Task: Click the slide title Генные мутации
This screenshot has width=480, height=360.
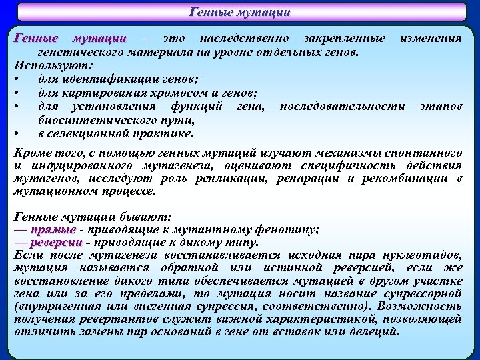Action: (x=240, y=12)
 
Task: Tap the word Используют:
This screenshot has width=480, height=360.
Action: (x=54, y=65)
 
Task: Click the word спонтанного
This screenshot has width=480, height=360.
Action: (x=426, y=153)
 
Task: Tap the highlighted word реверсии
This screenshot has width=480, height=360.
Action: (x=61, y=242)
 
